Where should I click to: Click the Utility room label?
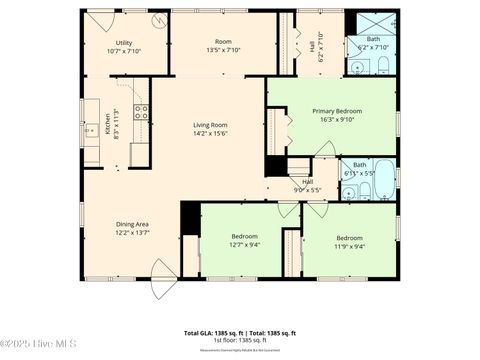pos(124,46)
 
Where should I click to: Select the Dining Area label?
pos(132,227)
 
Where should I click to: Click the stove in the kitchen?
pos(142,113)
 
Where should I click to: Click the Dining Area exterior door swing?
pos(160,277)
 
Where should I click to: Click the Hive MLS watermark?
pos(40,346)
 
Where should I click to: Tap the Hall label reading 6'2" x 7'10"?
pos(321,46)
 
